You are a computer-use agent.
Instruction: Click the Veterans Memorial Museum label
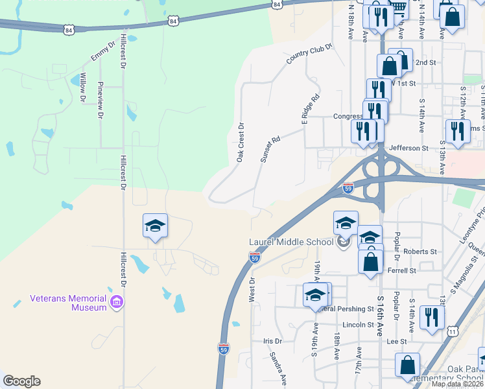(x=68, y=303)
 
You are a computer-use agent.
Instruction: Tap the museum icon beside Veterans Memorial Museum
(x=117, y=301)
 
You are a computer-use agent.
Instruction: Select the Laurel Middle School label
(x=291, y=242)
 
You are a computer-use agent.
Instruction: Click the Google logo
(x=21, y=381)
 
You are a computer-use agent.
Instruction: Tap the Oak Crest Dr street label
(x=240, y=143)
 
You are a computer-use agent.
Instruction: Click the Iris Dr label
(x=273, y=341)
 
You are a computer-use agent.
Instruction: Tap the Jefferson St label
(x=408, y=148)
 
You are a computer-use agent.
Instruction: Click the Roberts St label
(x=420, y=252)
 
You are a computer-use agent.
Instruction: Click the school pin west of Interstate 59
(x=155, y=227)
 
